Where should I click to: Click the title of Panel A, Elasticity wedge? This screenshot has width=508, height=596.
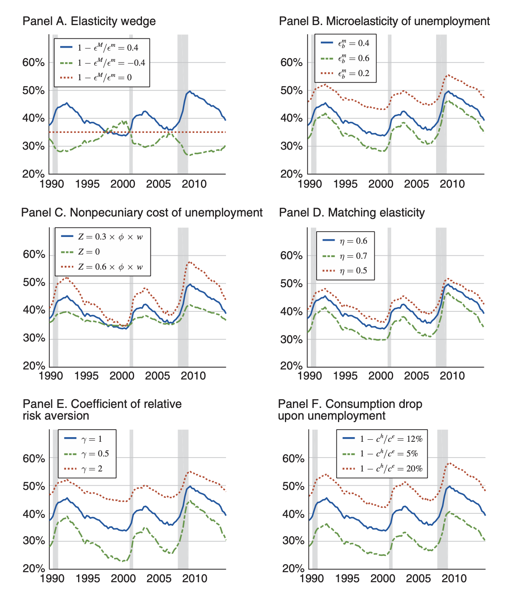point(89,21)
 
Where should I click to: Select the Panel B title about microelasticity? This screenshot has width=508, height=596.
point(384,21)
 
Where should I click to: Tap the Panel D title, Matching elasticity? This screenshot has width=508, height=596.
point(352,213)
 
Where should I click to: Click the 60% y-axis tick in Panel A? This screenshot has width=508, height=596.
point(33,63)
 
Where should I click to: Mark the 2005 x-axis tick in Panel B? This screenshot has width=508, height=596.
point(416,184)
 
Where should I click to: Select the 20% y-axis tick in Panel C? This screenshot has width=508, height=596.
point(33,366)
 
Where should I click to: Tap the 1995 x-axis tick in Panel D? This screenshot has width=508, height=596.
point(345,375)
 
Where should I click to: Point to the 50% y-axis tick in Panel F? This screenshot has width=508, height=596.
point(293,486)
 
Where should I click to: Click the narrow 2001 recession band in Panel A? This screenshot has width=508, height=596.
point(131,104)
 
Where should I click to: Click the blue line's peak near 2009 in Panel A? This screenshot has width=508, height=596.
point(190,91)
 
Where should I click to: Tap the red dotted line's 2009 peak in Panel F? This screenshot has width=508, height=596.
point(449,463)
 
